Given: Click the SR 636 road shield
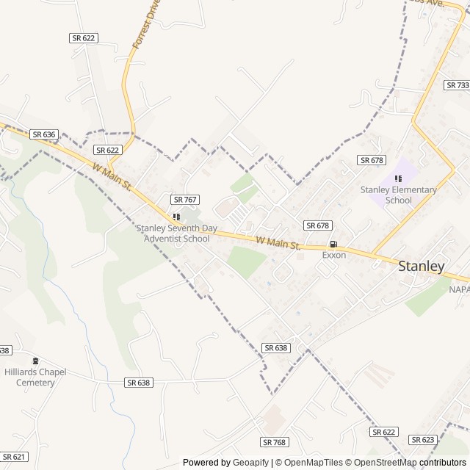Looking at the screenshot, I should [44, 134].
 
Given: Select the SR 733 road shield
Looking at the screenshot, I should [457, 85].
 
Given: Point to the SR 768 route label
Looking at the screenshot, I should [274, 442].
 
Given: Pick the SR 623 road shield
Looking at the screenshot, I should [423, 440].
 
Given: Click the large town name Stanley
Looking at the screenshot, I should [421, 267].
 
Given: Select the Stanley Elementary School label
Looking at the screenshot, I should [398, 195].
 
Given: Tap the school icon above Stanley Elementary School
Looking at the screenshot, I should [398, 178].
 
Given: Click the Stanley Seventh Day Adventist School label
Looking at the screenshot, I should [176, 234].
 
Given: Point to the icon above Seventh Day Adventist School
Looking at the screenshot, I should [176, 217].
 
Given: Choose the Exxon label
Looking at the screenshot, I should [334, 255].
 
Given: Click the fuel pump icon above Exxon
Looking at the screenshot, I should [334, 245].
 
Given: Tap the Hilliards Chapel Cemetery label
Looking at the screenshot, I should [35, 377].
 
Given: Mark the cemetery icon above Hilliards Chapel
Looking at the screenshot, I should [35, 361].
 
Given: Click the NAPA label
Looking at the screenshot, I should [459, 289].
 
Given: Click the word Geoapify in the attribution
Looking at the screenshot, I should [252, 463].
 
